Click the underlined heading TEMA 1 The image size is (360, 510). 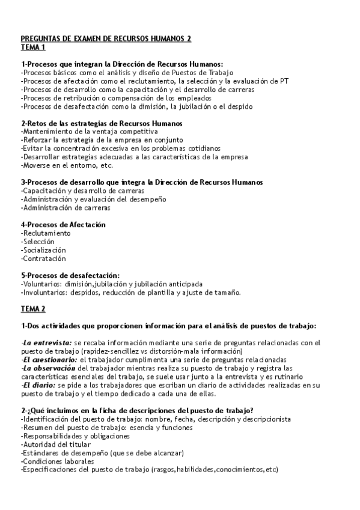click(x=33, y=46)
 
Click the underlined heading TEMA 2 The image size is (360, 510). click(x=33, y=309)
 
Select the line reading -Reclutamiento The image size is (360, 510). click(x=46, y=233)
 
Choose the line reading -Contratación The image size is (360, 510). click(x=43, y=258)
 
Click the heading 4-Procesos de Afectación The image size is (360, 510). click(x=63, y=224)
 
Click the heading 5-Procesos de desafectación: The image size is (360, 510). click(x=70, y=275)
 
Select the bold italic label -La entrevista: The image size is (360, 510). click(x=46, y=343)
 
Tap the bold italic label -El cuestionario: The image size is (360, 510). click(x=50, y=360)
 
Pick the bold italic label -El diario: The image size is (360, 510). click(x=38, y=385)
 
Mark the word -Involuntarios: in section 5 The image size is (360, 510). click(x=45, y=292)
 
